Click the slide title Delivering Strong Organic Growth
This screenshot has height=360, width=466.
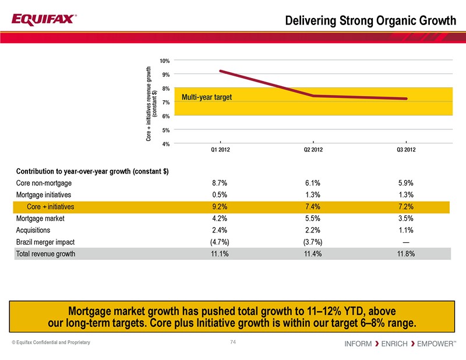click(370, 21)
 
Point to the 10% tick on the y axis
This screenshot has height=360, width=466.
click(165, 61)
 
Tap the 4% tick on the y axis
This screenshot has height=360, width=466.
click(165, 143)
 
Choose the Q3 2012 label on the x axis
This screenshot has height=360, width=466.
click(405, 151)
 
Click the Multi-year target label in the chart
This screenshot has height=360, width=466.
click(207, 97)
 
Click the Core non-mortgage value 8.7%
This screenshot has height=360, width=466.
click(220, 182)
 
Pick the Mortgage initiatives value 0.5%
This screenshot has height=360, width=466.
click(220, 195)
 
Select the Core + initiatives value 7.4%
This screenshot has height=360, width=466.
click(313, 207)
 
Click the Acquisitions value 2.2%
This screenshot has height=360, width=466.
click(313, 230)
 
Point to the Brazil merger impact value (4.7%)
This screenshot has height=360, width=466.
click(220, 242)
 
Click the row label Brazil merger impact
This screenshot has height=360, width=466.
click(45, 242)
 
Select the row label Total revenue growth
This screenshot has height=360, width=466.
click(45, 254)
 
